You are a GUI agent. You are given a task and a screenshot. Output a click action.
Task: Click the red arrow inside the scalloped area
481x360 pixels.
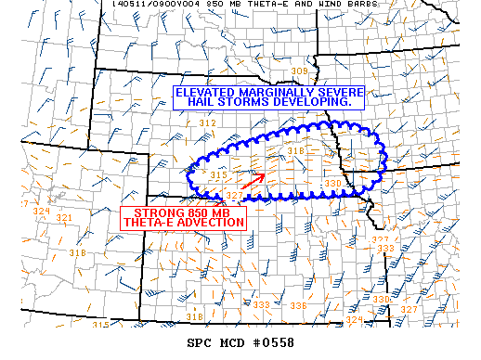pyautogui.click(x=253, y=181)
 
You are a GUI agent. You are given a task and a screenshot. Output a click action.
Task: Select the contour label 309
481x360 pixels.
pyautogui.click(x=299, y=71)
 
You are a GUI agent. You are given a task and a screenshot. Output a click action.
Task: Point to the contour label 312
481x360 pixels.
pyautogui.click(x=207, y=123)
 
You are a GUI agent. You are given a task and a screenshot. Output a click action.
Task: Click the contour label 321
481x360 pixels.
pyautogui.click(x=64, y=218)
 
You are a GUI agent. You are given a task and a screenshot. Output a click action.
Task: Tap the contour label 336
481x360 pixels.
pyautogui.click(x=298, y=305)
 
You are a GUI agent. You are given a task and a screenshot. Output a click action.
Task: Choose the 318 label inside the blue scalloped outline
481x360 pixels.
pyautogui.click(x=296, y=150)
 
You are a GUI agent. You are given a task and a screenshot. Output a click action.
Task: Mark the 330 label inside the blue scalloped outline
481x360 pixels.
pyautogui.click(x=332, y=184)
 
